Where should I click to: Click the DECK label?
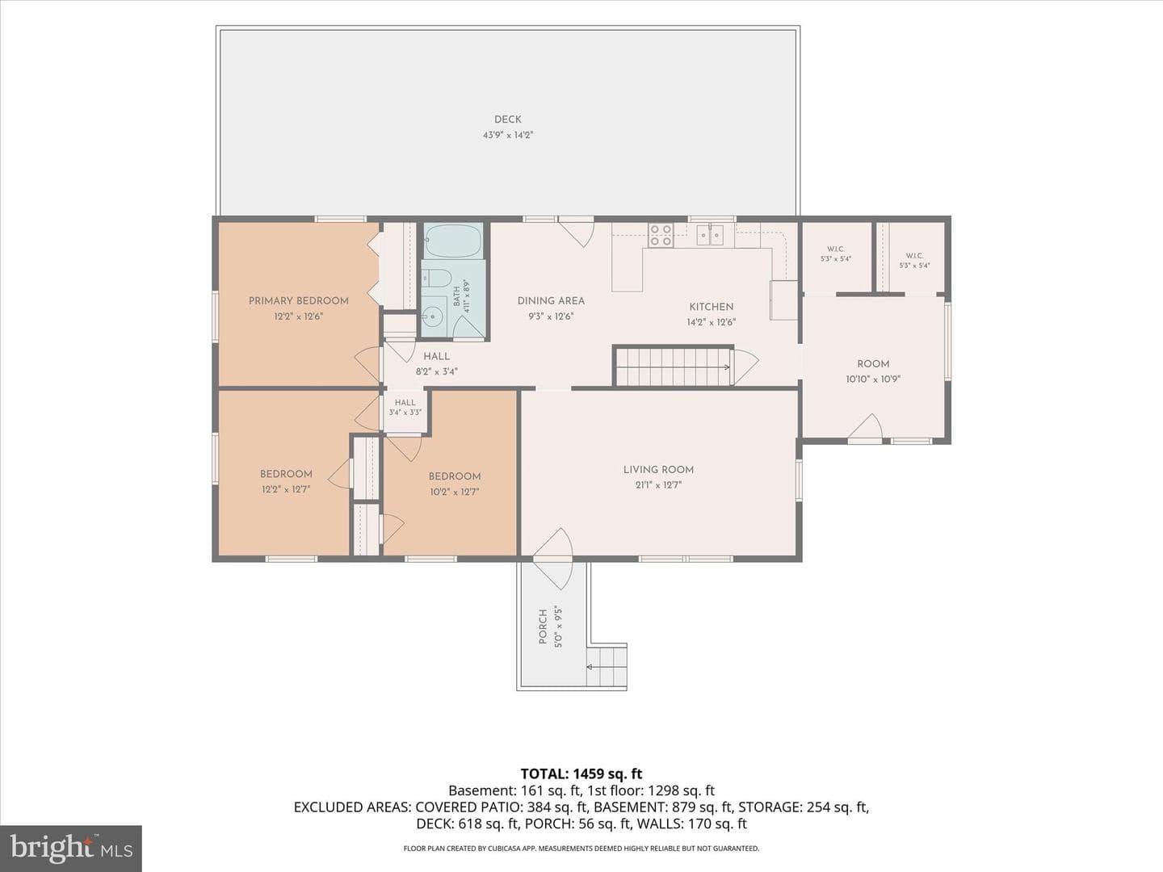(507, 119)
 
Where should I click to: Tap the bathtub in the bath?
(453, 241)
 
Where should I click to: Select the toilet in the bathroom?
(436, 278)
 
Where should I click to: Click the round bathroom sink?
(434, 317)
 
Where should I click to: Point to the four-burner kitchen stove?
(661, 235)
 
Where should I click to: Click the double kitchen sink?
(710, 234)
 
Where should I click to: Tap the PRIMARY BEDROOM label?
(298, 300)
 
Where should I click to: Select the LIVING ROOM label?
(658, 470)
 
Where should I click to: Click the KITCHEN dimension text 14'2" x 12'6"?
(711, 322)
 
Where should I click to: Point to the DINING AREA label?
(551, 300)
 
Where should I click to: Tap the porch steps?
(607, 666)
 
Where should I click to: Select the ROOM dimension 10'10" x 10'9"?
(873, 379)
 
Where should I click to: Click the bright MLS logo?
(71, 849)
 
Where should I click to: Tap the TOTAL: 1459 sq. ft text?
(581, 774)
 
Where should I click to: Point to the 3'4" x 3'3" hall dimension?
(405, 413)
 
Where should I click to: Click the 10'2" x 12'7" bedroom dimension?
(455, 492)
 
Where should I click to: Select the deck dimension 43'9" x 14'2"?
(507, 135)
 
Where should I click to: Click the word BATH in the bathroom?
(457, 296)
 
